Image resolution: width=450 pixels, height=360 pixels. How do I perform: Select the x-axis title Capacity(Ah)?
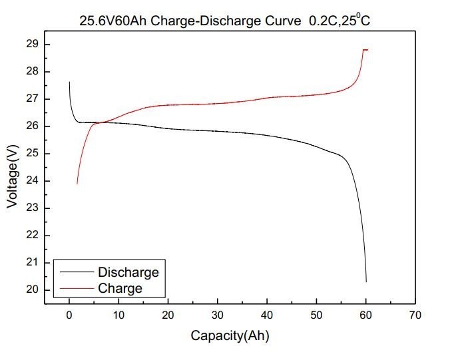point(230,335)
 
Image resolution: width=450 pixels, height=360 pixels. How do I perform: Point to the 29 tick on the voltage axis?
point(33,44)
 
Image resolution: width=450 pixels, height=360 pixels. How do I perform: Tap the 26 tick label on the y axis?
point(33,126)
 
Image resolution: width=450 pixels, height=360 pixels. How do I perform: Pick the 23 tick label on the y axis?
point(33,208)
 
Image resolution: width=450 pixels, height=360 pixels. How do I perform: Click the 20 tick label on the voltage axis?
point(33,290)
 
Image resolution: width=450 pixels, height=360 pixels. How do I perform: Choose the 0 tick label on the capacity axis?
point(69,315)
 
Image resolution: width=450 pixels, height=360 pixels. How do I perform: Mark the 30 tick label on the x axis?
point(218,315)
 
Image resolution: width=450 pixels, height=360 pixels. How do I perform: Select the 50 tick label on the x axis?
point(316,315)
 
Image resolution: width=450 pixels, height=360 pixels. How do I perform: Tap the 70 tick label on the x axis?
point(415,315)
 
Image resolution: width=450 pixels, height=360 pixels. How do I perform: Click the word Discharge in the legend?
point(128,272)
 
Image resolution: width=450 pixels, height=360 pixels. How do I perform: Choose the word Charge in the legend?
point(120,288)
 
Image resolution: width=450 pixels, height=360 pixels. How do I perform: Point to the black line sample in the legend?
point(75,272)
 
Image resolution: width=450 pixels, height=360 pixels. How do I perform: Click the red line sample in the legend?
point(75,288)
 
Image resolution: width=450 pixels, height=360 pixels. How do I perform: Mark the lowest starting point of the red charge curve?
point(77,183)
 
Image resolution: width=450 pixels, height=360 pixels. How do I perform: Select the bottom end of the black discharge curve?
point(366,281)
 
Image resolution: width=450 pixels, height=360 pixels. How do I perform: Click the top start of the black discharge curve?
point(69,83)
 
